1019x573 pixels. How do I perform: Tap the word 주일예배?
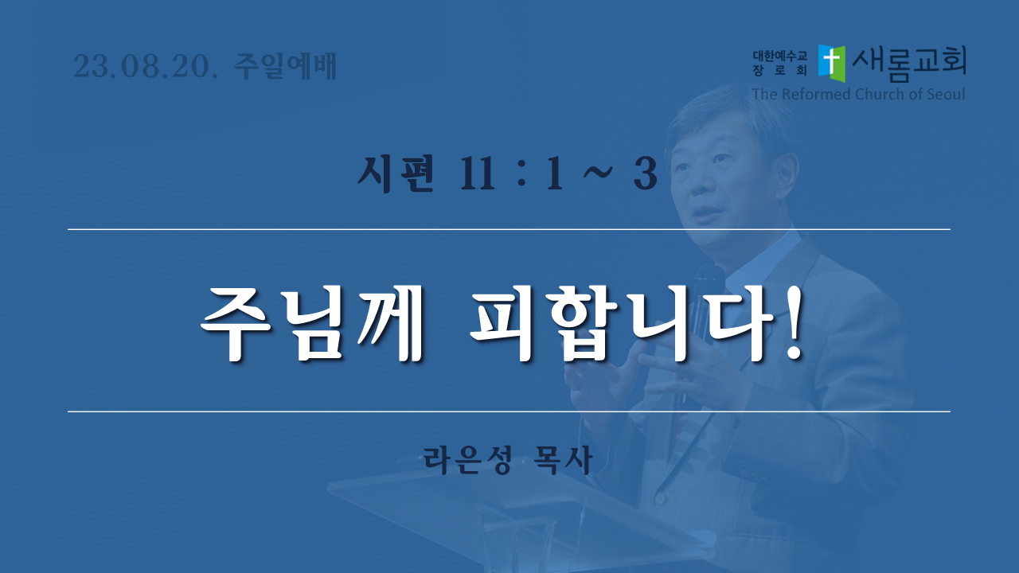(x=285, y=66)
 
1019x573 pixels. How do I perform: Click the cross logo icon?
(x=832, y=63)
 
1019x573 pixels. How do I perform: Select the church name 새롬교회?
(x=909, y=63)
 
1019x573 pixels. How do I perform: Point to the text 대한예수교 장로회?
(x=779, y=63)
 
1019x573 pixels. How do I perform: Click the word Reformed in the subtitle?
(x=817, y=94)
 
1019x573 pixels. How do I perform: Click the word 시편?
(x=395, y=173)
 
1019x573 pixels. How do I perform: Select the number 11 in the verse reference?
(x=477, y=174)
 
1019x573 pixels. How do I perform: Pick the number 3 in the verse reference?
(x=646, y=174)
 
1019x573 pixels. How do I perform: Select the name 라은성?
(x=467, y=460)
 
